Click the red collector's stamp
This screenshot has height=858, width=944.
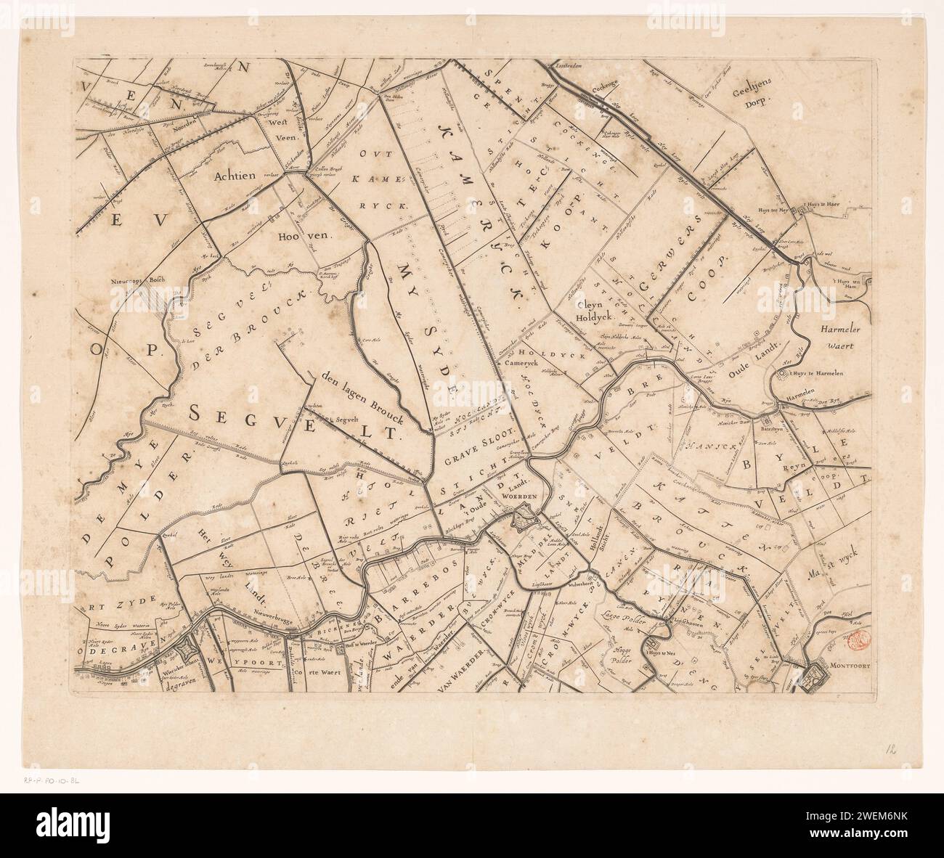point(858,637)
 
